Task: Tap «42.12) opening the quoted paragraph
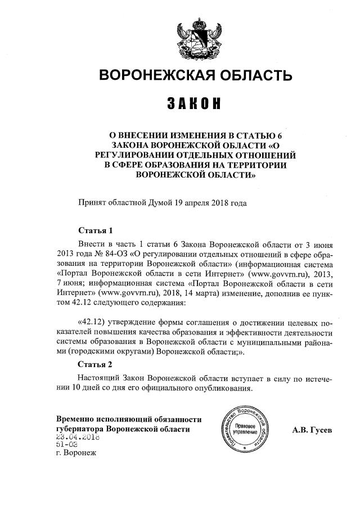(90, 324)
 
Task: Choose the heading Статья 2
(95, 365)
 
